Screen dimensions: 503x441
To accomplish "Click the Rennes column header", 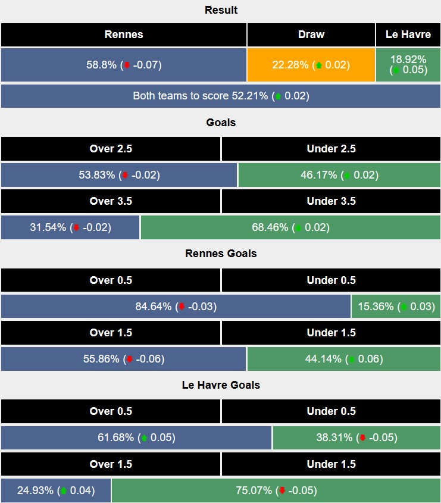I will [x=124, y=35].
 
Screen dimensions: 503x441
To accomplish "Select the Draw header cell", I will [x=311, y=35].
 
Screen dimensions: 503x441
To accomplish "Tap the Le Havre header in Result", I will [x=408, y=35].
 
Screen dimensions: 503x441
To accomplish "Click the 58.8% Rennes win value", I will [x=124, y=65].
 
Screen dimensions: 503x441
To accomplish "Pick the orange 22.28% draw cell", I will [x=311, y=65].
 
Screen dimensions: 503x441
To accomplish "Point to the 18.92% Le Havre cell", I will [x=408, y=65].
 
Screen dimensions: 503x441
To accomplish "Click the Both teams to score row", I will [x=221, y=96].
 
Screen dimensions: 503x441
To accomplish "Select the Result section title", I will [x=221, y=10].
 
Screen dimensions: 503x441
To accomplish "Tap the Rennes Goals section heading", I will [x=221, y=254].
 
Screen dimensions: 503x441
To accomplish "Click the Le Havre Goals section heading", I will [x=221, y=385].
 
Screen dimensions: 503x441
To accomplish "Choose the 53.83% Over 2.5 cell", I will [x=119, y=175].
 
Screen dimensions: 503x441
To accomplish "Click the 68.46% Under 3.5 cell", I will [x=290, y=227].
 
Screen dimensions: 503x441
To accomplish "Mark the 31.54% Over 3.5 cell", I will [x=70, y=227].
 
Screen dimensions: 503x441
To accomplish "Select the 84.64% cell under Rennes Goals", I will [x=176, y=307].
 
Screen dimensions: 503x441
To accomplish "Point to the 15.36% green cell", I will [x=396, y=307].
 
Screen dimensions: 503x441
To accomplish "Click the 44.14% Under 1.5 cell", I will [x=344, y=359].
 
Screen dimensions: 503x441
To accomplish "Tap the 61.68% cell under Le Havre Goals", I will [x=136, y=438].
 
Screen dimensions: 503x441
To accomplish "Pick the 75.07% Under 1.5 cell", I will [x=276, y=490].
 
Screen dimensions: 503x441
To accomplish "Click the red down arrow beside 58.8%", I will [x=126, y=65].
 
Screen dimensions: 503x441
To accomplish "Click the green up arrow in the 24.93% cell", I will [x=64, y=491].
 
